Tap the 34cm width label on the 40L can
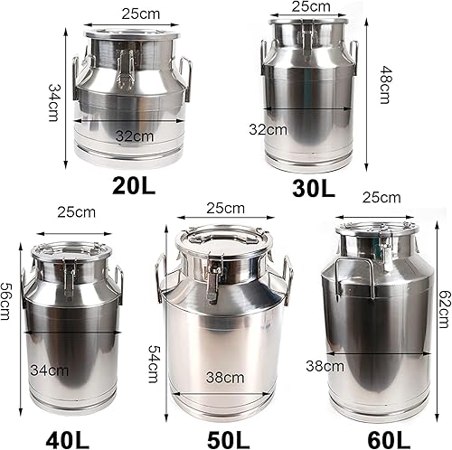(x=49, y=370)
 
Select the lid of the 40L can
(x=71, y=250)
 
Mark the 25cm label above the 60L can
(x=381, y=198)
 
